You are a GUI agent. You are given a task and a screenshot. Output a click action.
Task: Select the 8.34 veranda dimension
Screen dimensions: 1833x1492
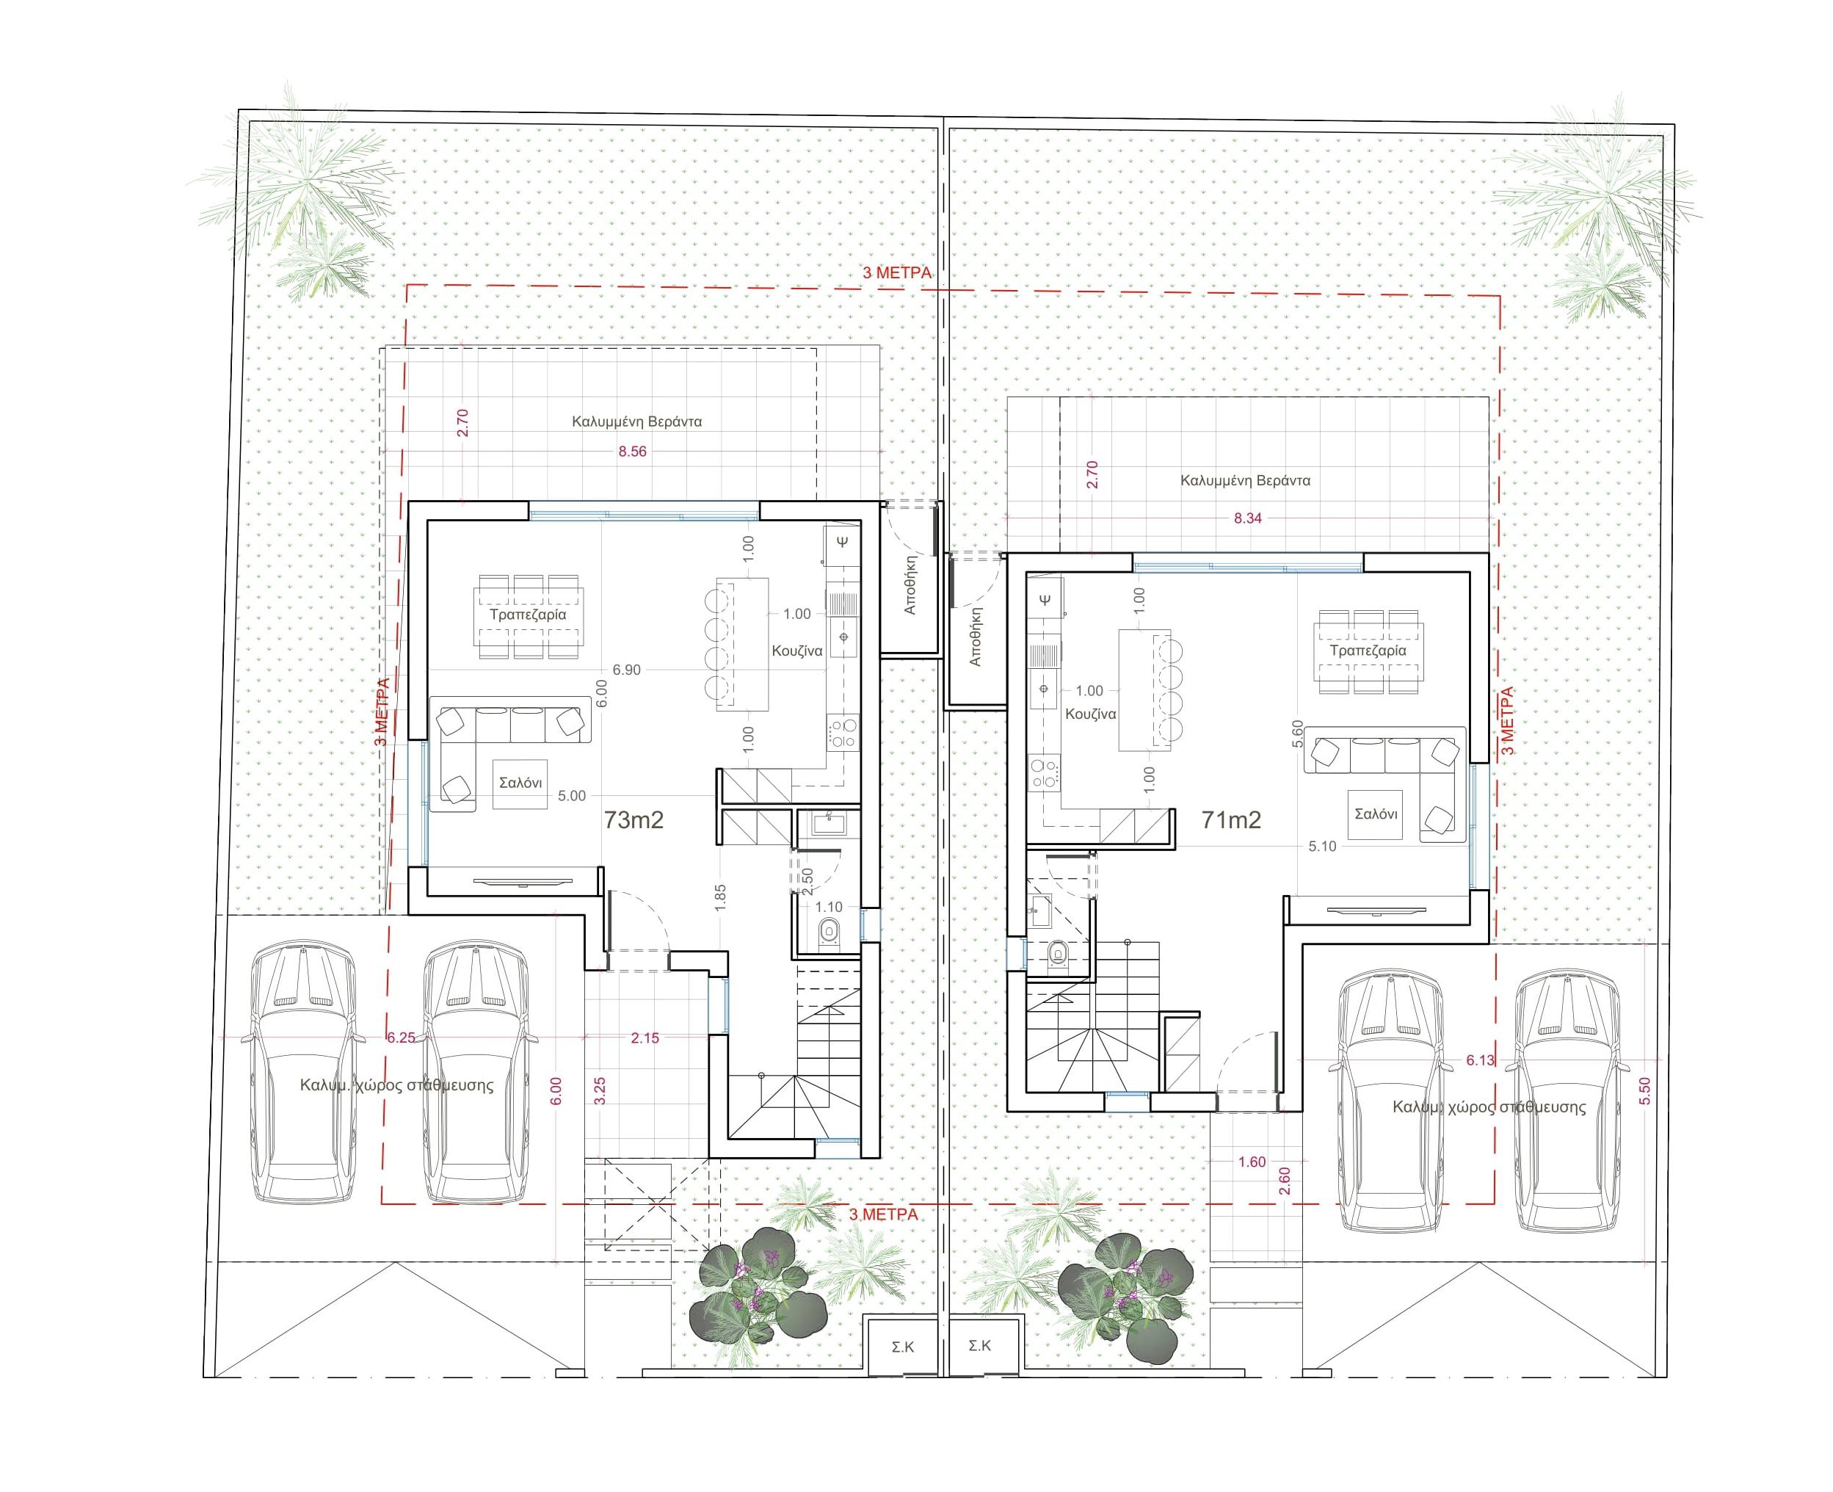coord(1247,518)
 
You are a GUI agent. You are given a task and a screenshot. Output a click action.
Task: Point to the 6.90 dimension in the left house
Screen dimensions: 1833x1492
coord(625,670)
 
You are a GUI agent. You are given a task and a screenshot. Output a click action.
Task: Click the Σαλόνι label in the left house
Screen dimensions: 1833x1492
coord(520,783)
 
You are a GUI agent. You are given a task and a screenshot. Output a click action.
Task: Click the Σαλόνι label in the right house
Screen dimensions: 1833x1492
coord(1375,813)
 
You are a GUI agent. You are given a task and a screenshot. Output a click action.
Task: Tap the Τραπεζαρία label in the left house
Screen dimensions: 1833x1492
coord(528,615)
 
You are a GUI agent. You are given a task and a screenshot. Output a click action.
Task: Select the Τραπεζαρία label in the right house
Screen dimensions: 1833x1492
coord(1368,651)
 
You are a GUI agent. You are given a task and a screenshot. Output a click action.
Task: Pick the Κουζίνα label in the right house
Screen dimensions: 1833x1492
coord(1091,714)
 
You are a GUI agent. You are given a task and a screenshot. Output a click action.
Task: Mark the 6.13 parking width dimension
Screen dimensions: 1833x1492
coord(1480,1060)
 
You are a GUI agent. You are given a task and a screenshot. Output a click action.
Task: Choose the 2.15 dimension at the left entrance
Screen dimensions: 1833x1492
coord(645,1037)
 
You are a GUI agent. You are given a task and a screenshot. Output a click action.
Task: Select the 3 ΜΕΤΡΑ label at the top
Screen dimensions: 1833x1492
coord(896,272)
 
